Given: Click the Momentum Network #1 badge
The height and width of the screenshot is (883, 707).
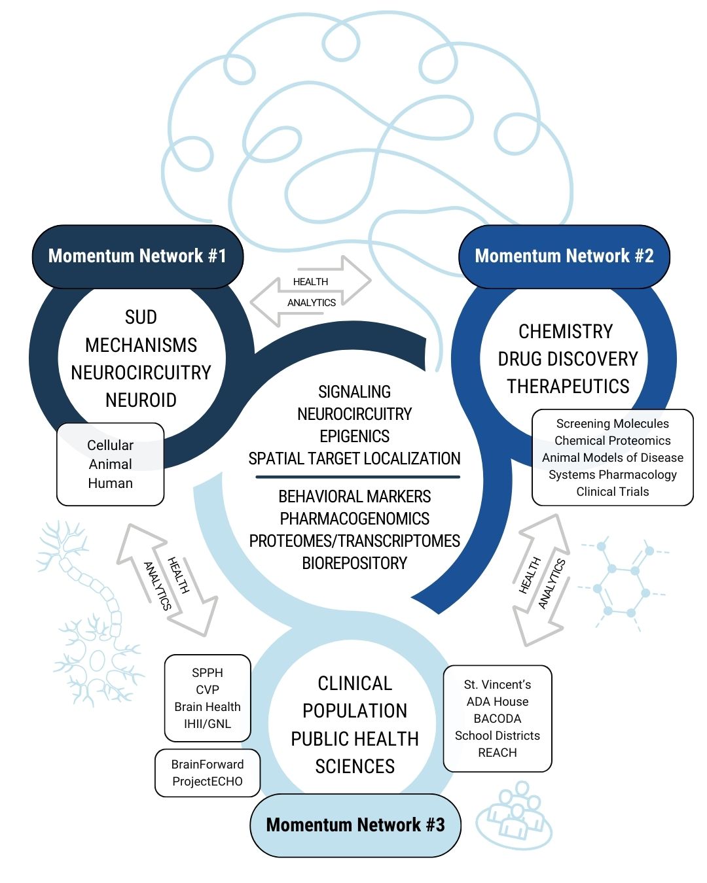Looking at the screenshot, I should (137, 256).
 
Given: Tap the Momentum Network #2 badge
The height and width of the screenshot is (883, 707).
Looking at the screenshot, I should (564, 256).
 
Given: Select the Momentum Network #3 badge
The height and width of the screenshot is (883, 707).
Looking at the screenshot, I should (355, 825).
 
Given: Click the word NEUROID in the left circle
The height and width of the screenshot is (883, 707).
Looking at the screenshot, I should (141, 400).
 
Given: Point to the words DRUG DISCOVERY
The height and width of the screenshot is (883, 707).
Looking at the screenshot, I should (568, 358).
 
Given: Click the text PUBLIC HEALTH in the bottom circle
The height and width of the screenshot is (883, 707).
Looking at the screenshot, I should (355, 738).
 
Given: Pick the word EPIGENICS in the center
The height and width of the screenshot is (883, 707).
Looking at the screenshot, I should (354, 436).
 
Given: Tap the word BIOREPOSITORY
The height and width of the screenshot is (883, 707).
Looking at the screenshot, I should (354, 563).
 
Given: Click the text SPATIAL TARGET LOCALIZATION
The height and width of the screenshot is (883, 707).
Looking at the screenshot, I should (354, 459).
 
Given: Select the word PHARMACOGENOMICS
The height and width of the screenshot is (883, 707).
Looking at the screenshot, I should (354, 519).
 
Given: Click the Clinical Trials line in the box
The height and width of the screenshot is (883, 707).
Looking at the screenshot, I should (612, 492).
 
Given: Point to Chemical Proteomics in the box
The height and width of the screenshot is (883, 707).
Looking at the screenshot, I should (612, 441).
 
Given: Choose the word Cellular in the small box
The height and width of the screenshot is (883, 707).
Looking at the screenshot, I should (110, 445).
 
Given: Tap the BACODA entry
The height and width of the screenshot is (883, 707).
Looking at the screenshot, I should (498, 718).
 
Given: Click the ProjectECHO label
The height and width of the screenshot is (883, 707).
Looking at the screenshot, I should (207, 782).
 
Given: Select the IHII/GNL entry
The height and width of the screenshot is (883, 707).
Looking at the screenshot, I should (207, 724).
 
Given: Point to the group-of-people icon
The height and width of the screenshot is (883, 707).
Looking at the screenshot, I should (515, 814).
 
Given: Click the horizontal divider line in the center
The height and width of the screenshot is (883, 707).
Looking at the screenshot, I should (357, 477).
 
